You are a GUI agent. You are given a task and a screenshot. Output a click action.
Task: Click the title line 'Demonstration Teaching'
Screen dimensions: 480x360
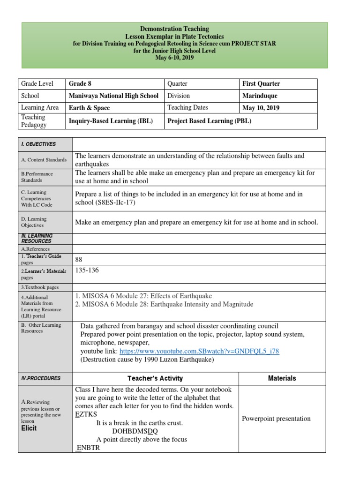click(174, 29)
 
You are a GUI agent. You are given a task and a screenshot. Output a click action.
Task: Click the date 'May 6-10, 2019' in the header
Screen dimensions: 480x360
click(174, 58)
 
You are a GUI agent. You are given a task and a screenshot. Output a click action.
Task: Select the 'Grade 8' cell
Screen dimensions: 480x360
click(80, 84)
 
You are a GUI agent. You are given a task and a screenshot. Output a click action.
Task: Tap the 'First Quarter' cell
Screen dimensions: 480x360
click(261, 84)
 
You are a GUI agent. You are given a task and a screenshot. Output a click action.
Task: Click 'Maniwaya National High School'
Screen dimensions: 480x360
click(113, 96)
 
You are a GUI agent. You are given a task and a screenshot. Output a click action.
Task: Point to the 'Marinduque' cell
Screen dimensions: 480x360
click(261, 96)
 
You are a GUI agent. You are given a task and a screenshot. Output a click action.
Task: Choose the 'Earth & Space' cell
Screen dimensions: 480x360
click(89, 108)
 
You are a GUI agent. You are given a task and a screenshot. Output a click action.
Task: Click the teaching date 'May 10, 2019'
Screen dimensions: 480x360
click(261, 108)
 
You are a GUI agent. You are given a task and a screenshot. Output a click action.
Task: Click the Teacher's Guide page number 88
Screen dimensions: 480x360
click(79, 259)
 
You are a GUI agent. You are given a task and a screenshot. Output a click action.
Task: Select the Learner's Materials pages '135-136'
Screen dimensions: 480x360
click(87, 270)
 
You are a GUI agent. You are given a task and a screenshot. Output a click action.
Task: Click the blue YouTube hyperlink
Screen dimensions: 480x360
click(199, 351)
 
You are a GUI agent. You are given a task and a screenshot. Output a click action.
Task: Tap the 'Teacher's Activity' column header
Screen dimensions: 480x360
click(155, 378)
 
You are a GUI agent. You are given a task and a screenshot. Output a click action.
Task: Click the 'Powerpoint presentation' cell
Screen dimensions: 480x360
click(276, 419)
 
